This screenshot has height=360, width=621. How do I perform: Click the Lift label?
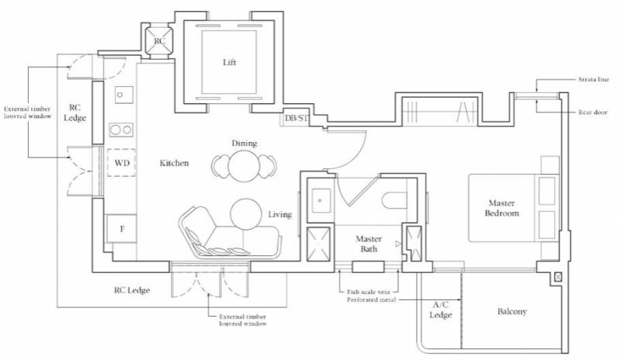tap(229, 62)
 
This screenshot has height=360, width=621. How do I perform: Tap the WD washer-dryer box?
tap(121, 162)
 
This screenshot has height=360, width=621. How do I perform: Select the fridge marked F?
tap(122, 229)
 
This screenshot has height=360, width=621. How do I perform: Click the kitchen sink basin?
tap(124, 95)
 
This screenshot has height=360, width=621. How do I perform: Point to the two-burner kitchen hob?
tap(121, 130)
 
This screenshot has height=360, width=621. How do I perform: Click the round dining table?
tap(244, 165)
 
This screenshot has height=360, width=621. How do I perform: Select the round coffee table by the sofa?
tap(246, 214)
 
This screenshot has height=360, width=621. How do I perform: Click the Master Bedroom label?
tap(501, 208)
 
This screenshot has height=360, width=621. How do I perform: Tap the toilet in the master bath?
tap(394, 200)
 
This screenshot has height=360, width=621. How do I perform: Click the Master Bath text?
tap(369, 244)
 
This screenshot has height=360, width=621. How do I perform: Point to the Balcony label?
tap(512, 312)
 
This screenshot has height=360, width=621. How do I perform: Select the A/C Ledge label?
tap(440, 310)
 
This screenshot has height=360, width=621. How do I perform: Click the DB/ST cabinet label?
tap(297, 118)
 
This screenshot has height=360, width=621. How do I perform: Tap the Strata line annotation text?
tap(593, 80)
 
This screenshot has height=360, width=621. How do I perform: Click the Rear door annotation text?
tap(592, 112)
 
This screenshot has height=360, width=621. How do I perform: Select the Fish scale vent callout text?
tap(368, 292)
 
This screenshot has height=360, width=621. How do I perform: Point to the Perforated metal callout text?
tap(372, 299)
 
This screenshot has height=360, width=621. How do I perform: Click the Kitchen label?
tap(174, 163)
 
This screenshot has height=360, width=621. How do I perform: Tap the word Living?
tap(280, 214)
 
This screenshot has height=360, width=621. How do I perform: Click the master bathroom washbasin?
tap(320, 200)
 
